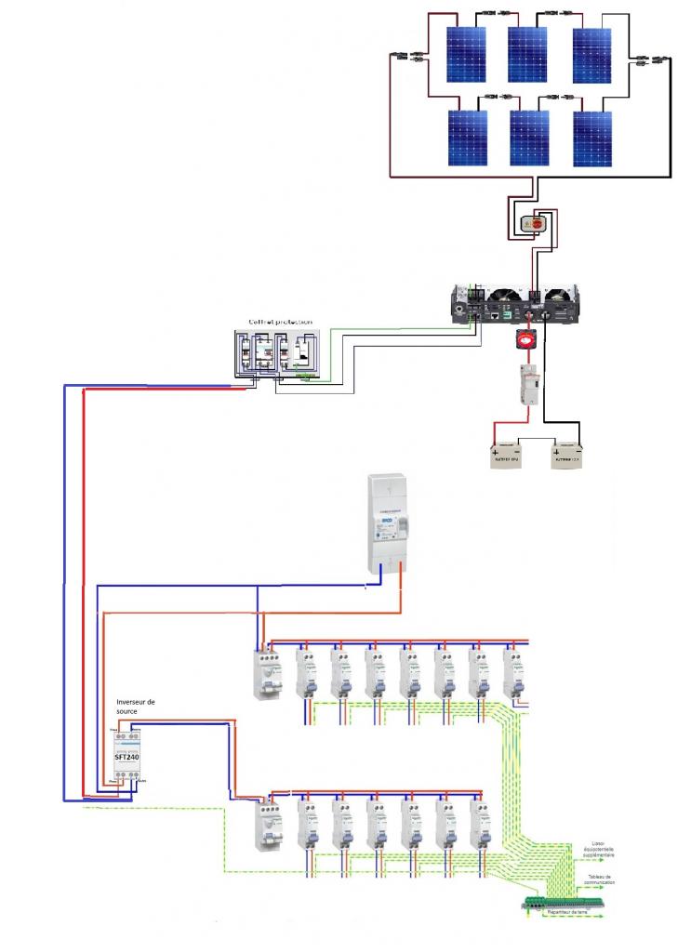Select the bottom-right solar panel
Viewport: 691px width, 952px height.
click(592, 139)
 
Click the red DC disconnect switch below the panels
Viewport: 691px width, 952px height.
click(537, 223)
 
